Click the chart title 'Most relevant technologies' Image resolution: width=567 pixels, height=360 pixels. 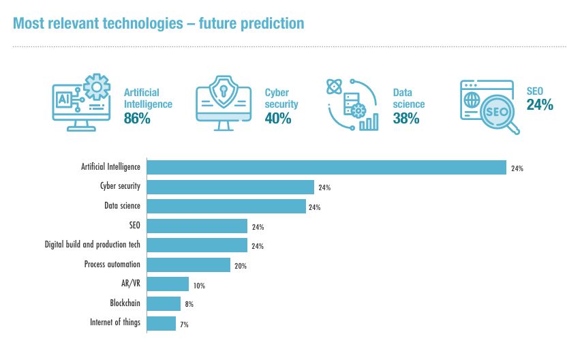coord(158,23)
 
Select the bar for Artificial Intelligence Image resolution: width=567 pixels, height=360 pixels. coord(326,167)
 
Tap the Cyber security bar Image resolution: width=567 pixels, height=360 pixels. coord(230,187)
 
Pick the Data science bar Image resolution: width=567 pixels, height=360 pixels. coord(226,206)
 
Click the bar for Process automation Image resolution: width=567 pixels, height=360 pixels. coord(189,265)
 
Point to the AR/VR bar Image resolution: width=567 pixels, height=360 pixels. coord(168,284)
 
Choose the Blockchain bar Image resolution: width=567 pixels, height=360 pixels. coord(164,303)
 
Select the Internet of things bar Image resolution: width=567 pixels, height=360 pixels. coord(162,323)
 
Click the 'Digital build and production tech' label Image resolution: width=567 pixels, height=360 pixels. coord(92,244)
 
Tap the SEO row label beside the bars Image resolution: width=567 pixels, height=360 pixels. coord(134,225)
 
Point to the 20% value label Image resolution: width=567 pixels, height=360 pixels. coord(240,266)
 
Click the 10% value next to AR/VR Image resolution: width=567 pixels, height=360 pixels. coord(199,286)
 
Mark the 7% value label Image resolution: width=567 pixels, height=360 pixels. coord(184,325)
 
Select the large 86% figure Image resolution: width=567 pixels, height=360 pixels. coord(137,119)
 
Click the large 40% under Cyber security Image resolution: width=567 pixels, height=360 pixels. coord(278,119)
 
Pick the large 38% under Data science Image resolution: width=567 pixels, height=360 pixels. coord(406,119)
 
